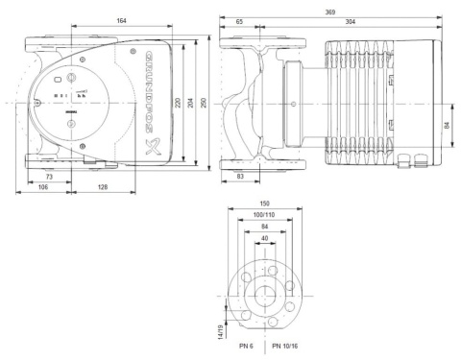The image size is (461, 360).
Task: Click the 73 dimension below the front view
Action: [47, 179]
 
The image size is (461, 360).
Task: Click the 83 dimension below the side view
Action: [240, 179]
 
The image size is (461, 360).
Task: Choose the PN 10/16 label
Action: [287, 343]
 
